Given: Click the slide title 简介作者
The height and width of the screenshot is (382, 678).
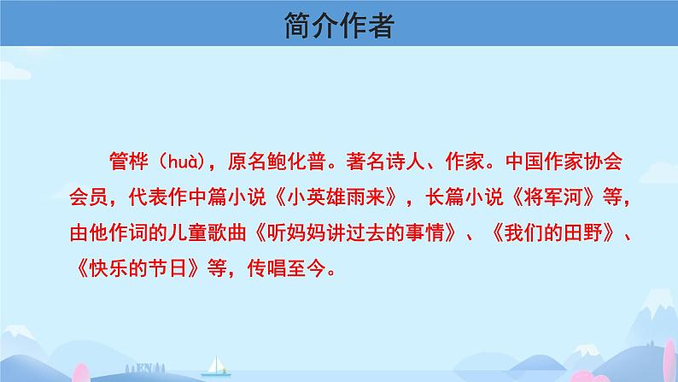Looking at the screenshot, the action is click(x=339, y=25).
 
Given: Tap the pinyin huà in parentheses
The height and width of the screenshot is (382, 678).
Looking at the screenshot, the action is click(x=185, y=162).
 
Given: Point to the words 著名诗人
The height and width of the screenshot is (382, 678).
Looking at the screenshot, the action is click(x=385, y=162).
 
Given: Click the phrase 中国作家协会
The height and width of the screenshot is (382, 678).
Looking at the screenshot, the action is click(x=564, y=162).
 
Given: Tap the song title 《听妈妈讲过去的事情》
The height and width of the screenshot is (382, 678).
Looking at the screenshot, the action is click(x=355, y=233).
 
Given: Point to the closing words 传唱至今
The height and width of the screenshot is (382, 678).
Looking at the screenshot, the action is click(x=286, y=268).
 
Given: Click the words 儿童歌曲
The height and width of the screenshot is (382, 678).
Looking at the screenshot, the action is click(x=207, y=233).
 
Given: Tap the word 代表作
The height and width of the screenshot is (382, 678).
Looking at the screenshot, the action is click(x=157, y=197).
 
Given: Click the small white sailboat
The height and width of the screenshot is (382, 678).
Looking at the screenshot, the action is click(x=216, y=367).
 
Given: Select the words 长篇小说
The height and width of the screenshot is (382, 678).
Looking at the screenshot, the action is click(x=465, y=197).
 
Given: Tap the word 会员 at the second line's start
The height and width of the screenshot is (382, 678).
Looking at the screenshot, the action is click(x=88, y=197).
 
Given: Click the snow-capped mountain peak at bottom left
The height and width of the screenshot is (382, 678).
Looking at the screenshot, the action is click(x=18, y=332).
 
